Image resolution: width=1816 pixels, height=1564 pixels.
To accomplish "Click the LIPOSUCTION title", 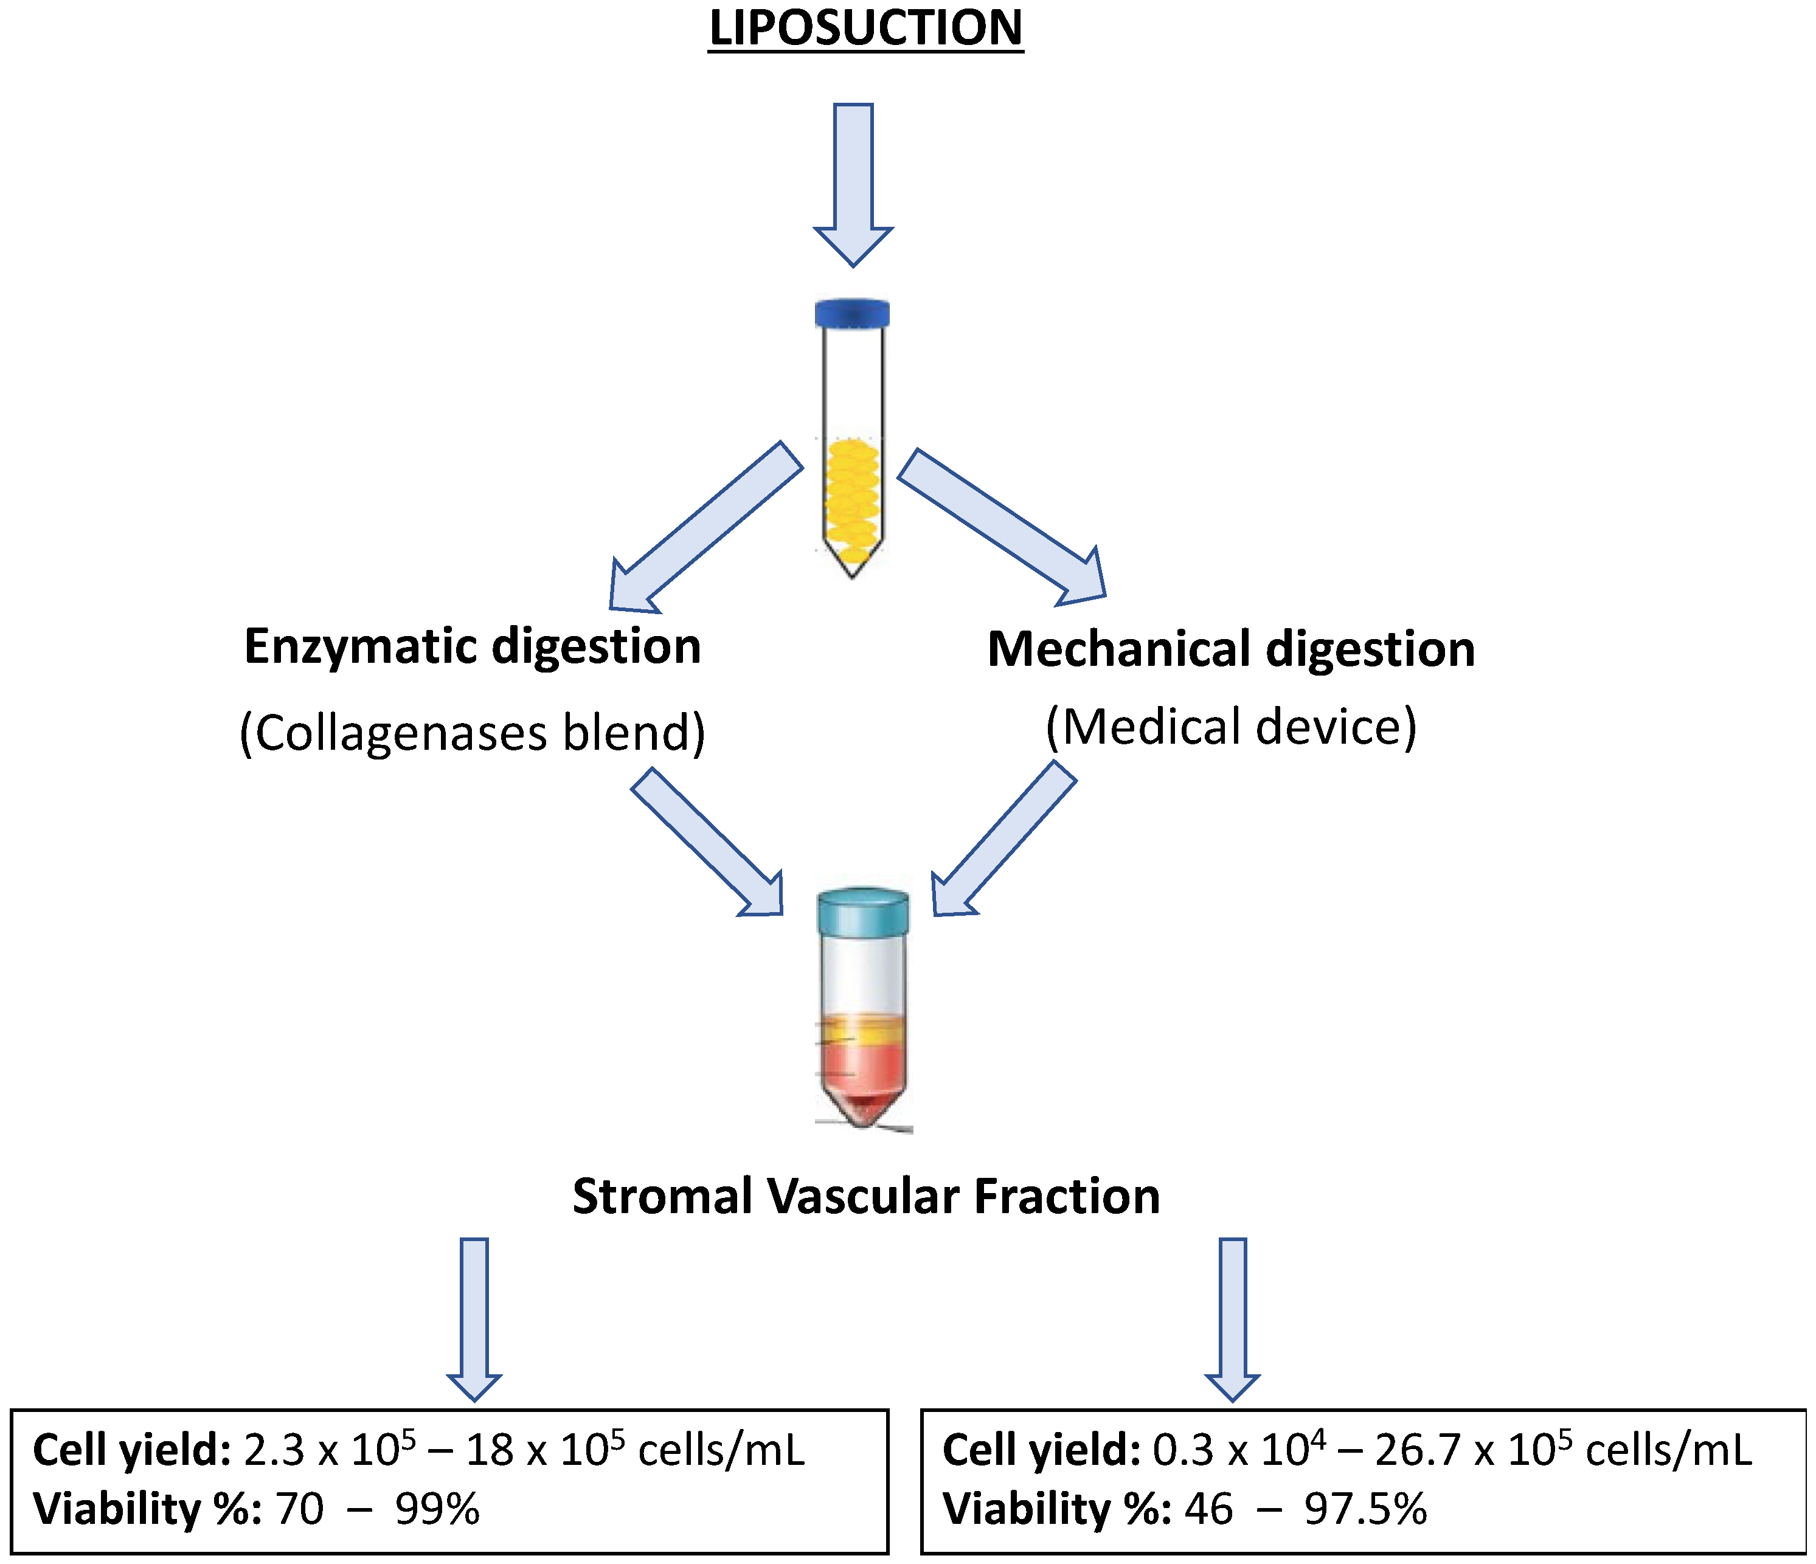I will pyautogui.click(x=865, y=28).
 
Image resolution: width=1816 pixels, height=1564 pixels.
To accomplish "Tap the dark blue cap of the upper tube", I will pyautogui.click(x=852, y=313).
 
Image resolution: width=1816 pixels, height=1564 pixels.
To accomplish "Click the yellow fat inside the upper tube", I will pyautogui.click(x=853, y=499).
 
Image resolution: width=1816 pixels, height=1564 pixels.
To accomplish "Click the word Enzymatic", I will pyautogui.click(x=359, y=646).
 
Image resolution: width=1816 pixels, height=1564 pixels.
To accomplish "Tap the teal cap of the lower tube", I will pyautogui.click(x=862, y=912).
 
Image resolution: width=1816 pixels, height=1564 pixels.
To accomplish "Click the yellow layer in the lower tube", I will pyautogui.click(x=862, y=1030).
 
